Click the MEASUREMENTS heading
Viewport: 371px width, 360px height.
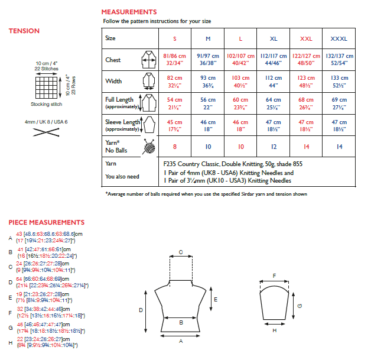129,12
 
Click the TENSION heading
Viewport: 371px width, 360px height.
24,31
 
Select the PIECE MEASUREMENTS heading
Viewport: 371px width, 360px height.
47,222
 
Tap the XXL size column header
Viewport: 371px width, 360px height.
306,38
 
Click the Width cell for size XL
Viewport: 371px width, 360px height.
274,81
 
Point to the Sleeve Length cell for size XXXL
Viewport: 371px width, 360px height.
339,125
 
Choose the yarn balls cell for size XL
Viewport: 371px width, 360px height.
274,146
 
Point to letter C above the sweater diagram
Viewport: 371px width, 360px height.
180,252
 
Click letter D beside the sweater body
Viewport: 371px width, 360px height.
141,310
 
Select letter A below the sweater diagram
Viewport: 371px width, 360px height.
180,342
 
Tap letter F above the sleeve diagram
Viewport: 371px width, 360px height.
274,275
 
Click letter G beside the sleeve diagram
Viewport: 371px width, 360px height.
300,306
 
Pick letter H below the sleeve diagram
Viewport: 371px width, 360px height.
274,330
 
